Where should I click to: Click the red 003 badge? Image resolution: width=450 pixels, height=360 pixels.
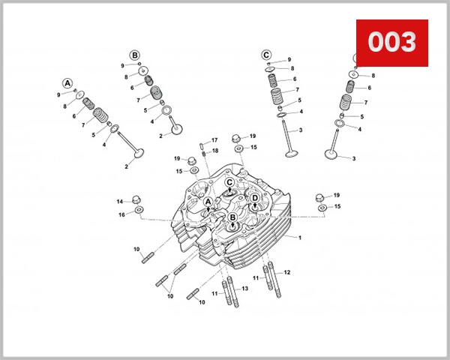391,43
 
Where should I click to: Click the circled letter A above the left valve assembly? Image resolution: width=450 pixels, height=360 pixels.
67,82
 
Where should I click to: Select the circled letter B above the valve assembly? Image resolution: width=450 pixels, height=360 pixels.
134,55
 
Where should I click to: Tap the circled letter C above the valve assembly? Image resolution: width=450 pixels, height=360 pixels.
266,55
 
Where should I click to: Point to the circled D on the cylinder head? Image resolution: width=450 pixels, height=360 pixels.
255,198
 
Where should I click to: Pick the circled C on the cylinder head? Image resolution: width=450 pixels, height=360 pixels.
229,182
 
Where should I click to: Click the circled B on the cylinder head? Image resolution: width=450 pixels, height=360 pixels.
232,218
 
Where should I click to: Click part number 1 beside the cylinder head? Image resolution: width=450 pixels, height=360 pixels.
300,238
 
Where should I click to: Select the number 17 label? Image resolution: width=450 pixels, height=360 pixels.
214,140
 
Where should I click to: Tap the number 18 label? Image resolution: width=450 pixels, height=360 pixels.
214,151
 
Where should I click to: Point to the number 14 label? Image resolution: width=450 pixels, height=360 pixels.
119,202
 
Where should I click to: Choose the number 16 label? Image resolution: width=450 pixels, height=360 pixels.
121,215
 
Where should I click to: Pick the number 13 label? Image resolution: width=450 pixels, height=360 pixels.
244,289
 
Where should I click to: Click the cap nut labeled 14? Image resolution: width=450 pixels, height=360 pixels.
136,199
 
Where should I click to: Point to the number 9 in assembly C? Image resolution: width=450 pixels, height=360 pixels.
289,59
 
